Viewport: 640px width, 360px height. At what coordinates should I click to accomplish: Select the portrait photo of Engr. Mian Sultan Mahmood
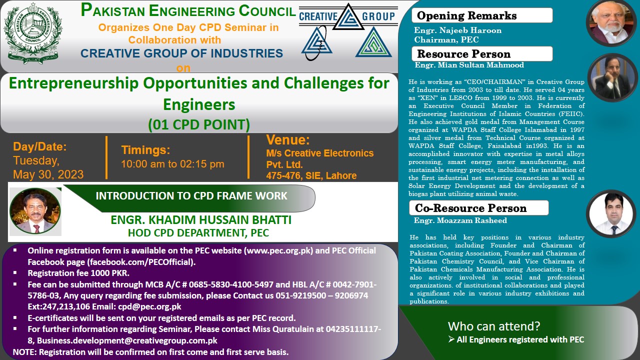click(612, 77)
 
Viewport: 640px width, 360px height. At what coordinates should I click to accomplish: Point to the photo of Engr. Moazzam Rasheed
click(610, 213)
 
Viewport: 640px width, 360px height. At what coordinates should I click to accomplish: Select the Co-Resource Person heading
click(470, 208)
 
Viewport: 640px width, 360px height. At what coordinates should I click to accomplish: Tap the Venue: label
click(288, 139)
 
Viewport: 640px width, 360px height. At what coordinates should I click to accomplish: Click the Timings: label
click(145, 150)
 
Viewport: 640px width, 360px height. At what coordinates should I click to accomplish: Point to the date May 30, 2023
click(48, 174)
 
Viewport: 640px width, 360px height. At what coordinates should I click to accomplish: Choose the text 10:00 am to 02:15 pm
click(172, 164)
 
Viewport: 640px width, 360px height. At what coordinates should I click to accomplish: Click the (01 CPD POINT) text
click(199, 124)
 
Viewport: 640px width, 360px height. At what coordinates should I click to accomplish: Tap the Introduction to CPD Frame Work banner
click(191, 195)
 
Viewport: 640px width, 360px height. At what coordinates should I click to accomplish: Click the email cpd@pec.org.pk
click(156, 306)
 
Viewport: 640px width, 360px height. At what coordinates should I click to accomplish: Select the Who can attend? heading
click(494, 326)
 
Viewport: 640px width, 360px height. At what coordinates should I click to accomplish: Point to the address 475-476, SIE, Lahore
click(311, 175)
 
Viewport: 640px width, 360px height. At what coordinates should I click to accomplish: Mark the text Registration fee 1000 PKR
click(78, 273)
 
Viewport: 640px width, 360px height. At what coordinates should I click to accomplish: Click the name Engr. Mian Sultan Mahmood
click(469, 65)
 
